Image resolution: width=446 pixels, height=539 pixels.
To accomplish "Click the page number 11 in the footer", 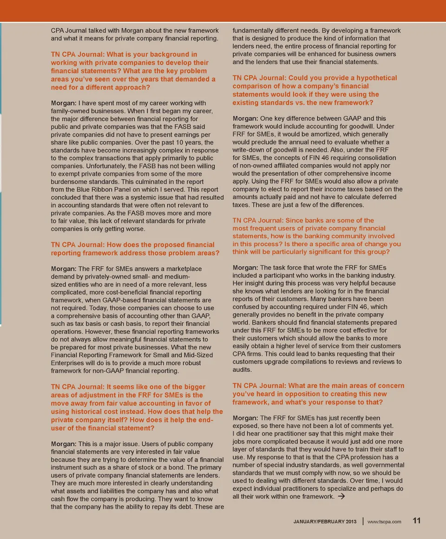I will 417,521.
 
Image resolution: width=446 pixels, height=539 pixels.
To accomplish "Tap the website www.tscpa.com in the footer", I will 384,522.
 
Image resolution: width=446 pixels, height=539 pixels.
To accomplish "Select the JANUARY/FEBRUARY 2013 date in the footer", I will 325,522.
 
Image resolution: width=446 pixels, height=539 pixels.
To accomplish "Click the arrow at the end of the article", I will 341,496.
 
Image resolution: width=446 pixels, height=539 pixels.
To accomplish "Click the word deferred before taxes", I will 380,197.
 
